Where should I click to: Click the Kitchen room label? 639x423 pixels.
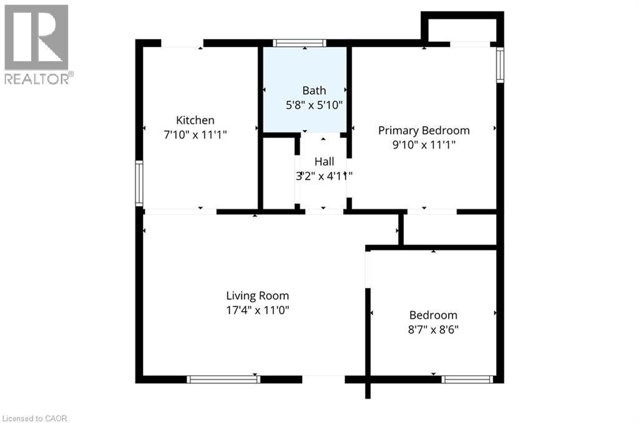195,120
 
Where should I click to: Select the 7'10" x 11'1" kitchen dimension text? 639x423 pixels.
195,134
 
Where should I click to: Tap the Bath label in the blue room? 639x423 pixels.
314,91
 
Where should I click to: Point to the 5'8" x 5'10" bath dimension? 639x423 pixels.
314,105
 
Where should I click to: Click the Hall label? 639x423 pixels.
324,161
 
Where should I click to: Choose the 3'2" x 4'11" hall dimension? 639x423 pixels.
324,176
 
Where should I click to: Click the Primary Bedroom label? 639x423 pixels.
424,130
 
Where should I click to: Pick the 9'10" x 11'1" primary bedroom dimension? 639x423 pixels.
424,144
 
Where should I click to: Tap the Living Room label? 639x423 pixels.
257,296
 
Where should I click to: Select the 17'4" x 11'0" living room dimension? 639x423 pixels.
257,309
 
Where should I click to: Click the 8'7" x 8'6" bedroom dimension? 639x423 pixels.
433,329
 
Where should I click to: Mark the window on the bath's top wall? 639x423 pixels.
300,43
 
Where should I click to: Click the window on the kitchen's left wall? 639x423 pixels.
139,183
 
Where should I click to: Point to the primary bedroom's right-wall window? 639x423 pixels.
500,64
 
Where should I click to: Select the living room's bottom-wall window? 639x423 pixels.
223,379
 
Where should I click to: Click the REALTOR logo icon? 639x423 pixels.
36,37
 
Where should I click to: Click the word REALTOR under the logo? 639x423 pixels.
36,79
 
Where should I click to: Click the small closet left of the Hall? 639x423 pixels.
278,173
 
